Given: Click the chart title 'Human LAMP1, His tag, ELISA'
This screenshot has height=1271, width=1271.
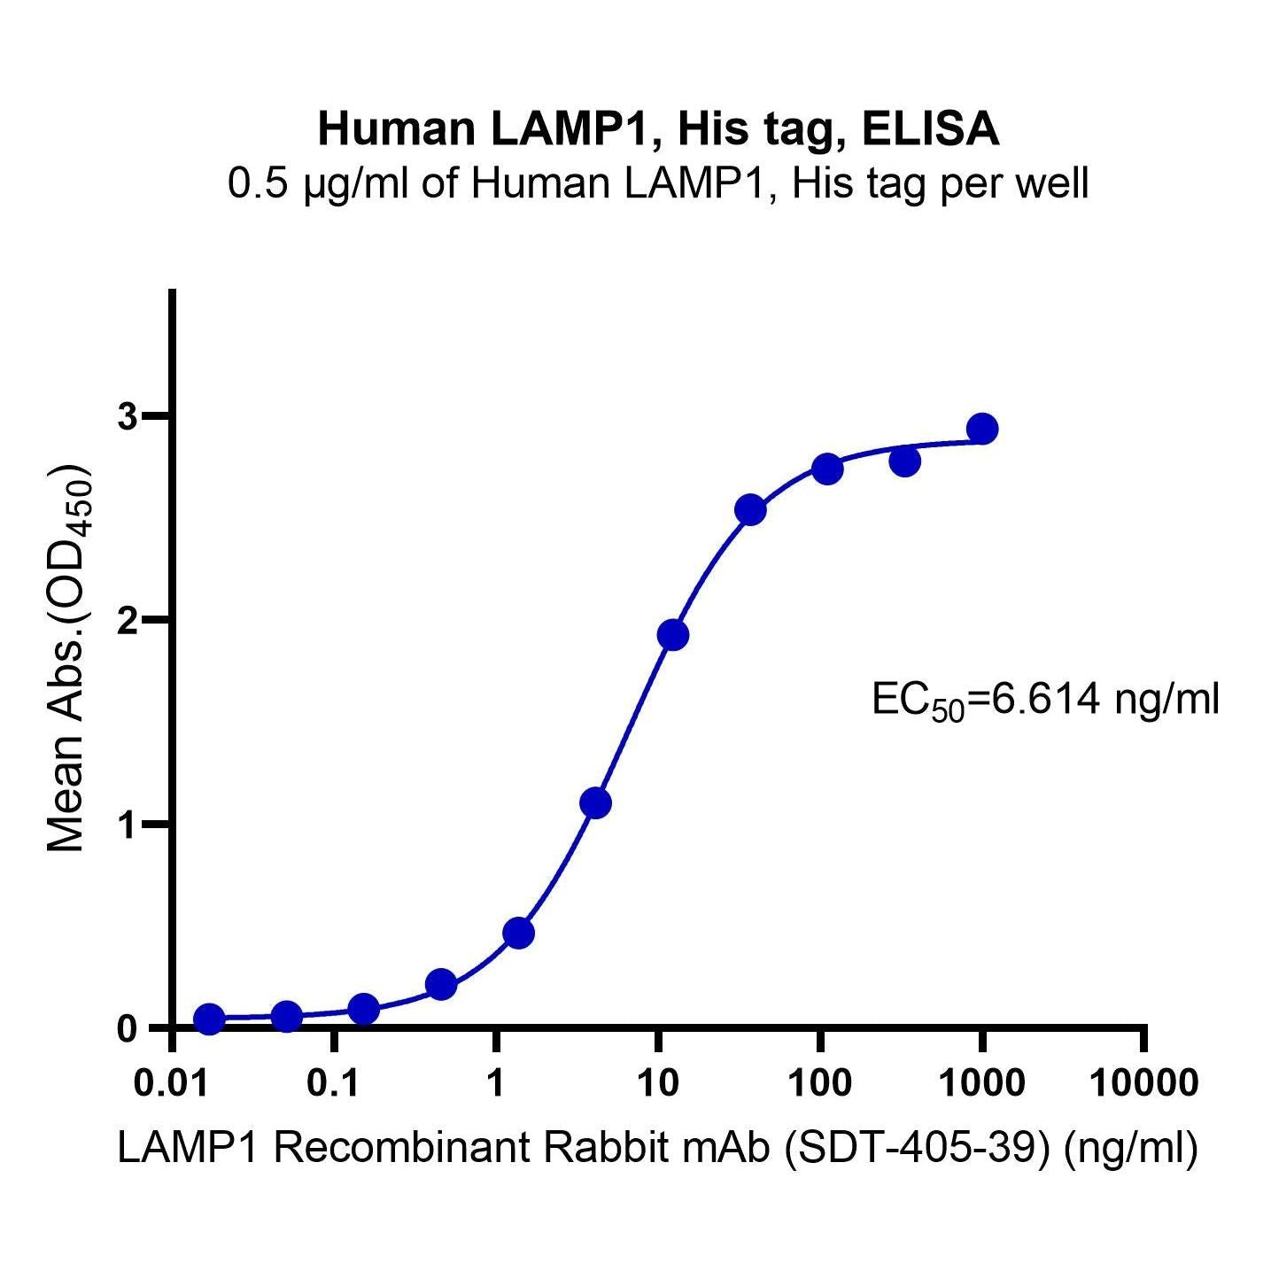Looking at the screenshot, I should pos(658,128).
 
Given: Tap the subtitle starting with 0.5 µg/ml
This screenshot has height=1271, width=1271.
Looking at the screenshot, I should pos(658,184).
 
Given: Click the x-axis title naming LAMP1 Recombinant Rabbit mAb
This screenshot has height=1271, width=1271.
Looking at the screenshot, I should pos(658,1149).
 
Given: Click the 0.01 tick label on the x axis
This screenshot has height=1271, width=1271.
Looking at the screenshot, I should pos(173,1082).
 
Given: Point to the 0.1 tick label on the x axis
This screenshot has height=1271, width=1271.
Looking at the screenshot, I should pos(334,1082).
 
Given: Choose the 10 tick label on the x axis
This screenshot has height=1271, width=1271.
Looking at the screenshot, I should pos(657,1082).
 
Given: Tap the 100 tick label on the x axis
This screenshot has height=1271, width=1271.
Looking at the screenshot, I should pos(819,1082).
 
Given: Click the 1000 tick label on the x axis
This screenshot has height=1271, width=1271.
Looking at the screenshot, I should pos(981,1082).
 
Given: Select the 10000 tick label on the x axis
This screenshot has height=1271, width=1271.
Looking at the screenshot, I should pos(1143,1082).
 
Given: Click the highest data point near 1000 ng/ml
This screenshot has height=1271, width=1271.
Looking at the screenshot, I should pos(981,429).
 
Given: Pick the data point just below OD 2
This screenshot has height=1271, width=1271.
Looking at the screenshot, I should pos(673,635).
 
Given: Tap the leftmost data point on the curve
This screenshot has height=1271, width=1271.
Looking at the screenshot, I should pos(209,1019).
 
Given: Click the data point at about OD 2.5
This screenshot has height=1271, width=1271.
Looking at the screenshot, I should pos(750,510).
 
